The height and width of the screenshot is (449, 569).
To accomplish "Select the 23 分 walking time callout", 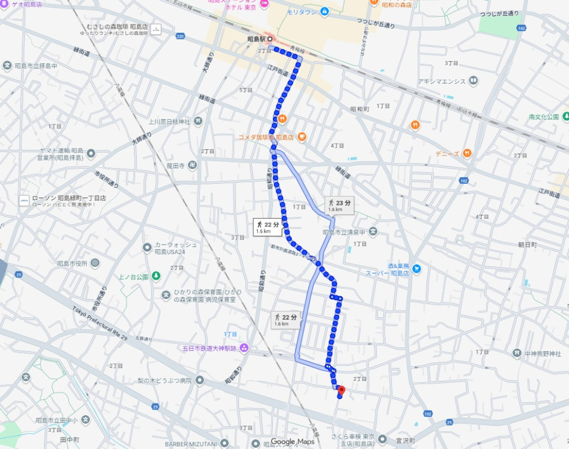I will [x=339, y=205].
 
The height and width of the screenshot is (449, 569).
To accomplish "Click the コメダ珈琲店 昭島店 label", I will [x=266, y=137].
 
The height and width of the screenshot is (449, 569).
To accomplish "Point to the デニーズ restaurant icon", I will [x=467, y=153].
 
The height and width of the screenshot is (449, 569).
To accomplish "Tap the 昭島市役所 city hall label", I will [x=73, y=263].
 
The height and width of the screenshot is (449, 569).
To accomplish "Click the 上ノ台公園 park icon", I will [x=156, y=276].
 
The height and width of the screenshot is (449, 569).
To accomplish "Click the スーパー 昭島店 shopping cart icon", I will [x=416, y=269].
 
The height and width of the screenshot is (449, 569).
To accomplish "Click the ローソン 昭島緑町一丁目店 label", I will [x=69, y=198].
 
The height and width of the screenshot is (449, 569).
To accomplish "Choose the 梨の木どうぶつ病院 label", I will [x=164, y=381].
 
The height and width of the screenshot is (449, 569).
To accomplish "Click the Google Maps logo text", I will [x=292, y=442].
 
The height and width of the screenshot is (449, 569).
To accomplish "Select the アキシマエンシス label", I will [x=442, y=82].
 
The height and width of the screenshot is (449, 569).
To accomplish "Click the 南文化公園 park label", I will [x=543, y=117].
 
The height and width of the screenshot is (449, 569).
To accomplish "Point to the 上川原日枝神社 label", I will [x=169, y=121].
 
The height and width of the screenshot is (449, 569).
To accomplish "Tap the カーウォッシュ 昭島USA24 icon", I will [x=147, y=247].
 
